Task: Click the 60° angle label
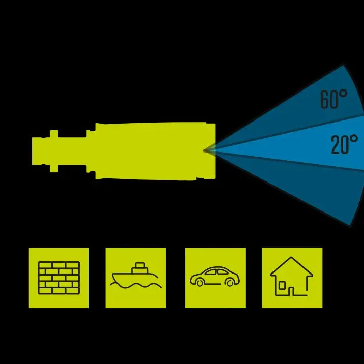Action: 333,99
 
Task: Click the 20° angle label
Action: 344,144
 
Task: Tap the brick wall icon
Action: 59,278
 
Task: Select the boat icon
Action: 136,276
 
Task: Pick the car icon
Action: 215,276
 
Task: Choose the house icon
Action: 291,276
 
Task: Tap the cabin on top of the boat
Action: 140,268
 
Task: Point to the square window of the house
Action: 282,286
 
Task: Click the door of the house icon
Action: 291,292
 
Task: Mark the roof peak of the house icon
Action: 291,257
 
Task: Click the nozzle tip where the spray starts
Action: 205,150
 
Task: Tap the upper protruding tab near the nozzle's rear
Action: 54,134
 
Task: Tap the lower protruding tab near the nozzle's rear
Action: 54,169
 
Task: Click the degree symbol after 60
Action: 343,94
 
